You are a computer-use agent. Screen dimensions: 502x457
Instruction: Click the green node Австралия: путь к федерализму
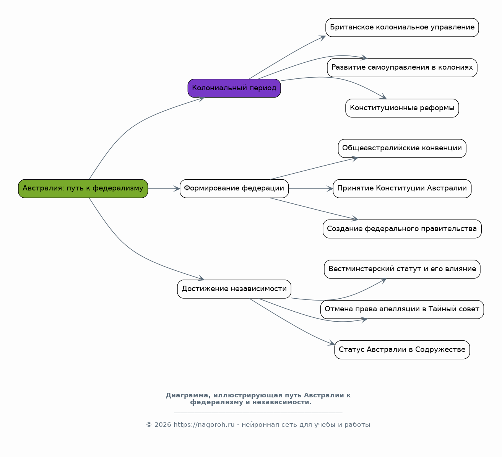pos(83,189)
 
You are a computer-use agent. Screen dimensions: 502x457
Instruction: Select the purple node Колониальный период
pos(234,88)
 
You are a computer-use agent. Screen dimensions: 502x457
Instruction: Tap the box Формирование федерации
pos(234,189)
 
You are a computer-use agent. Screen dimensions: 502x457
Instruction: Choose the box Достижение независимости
pos(234,289)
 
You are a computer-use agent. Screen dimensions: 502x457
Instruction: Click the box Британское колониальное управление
pos(402,28)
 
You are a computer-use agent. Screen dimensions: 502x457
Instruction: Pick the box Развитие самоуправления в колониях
pos(402,68)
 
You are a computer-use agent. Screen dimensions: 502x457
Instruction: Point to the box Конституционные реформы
pos(402,108)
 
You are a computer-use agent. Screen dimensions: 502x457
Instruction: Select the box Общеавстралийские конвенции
pos(402,148)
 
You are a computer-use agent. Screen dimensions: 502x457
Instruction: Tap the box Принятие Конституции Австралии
pos(402,189)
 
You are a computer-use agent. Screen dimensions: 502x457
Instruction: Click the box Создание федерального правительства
pos(402,229)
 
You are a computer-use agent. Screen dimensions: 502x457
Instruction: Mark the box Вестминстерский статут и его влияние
pos(402,269)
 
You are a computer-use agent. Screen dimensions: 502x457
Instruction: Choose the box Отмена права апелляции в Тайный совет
pos(402,309)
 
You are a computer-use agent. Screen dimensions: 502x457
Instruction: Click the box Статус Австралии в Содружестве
pos(402,350)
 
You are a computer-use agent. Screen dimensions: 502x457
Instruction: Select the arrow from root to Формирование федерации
pos(164,189)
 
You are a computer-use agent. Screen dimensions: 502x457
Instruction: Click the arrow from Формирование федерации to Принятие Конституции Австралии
pos(311,189)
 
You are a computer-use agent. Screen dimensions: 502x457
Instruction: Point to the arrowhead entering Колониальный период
pos(202,99)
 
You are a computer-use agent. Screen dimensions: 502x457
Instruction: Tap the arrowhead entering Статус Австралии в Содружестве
pos(332,343)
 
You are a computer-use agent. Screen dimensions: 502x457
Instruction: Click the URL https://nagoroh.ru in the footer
pos(204,425)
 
